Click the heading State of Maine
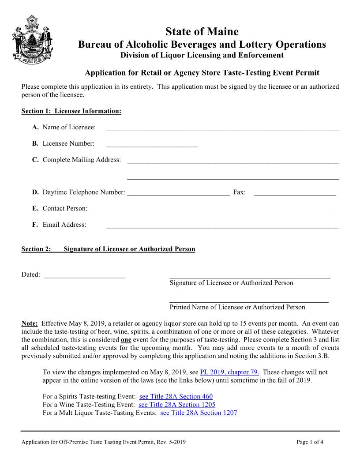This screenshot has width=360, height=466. [x=202, y=32]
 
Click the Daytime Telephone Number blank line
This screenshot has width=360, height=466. [x=178, y=194]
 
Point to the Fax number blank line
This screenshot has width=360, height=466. [x=295, y=194]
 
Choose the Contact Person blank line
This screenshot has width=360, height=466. [x=212, y=211]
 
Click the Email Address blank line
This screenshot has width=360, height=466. [x=222, y=227]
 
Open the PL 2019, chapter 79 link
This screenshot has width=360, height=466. [x=229, y=372]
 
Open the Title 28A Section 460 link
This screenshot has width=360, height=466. [x=176, y=397]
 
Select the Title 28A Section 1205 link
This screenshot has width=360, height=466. [x=177, y=405]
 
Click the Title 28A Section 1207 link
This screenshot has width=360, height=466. [x=199, y=413]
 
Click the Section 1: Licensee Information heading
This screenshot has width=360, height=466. [x=71, y=111]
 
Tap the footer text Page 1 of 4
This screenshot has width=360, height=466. [x=310, y=442]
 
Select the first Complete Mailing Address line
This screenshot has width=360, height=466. [x=233, y=162]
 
